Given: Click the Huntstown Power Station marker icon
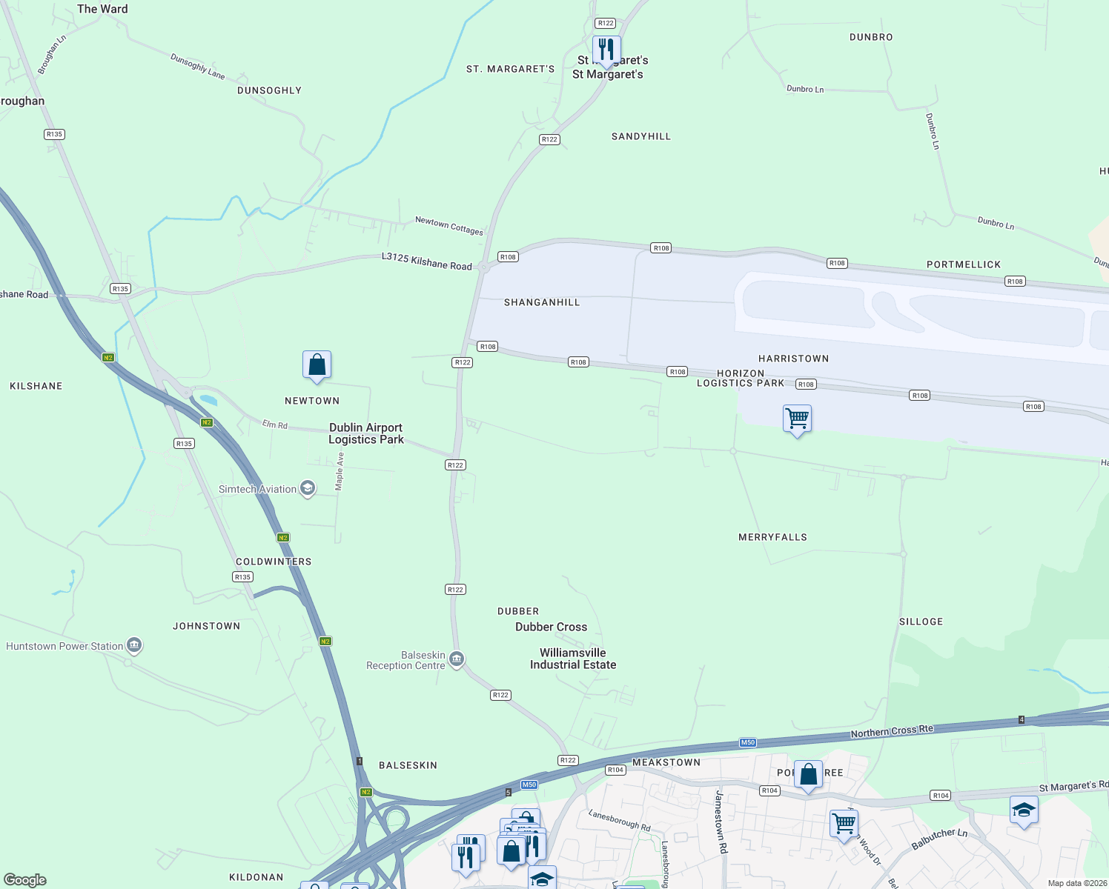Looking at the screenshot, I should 134,645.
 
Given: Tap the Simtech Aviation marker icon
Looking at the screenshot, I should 308,488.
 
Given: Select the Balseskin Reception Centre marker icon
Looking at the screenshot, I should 457,659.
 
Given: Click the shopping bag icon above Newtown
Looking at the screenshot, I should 317,365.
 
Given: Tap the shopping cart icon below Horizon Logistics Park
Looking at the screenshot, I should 797,419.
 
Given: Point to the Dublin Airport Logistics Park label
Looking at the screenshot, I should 366,433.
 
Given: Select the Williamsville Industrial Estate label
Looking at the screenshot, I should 573,659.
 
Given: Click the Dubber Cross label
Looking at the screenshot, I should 551,627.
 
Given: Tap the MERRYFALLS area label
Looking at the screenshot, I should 772,537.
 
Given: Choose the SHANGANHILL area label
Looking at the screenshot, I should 542,302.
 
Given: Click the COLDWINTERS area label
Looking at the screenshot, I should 274,562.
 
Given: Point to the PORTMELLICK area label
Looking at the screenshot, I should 964,264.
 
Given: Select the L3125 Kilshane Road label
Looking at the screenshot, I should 427,261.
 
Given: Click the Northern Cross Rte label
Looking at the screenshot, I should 892,731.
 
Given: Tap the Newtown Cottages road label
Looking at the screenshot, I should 449,225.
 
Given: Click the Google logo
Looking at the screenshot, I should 25,880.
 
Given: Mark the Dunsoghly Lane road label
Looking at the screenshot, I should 197,66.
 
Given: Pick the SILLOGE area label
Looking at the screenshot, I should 921,622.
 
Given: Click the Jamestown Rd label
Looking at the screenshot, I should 720,822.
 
